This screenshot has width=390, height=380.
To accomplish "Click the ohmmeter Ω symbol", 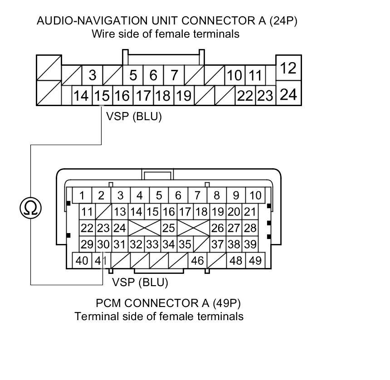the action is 30,208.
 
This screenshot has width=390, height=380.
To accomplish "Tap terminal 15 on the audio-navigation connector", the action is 102,96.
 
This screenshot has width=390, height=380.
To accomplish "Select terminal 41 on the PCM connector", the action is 101,260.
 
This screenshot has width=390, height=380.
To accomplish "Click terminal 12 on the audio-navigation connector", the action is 288,68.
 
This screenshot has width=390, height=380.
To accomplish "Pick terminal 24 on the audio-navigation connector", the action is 288,94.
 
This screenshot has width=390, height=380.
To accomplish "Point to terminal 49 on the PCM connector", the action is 255,260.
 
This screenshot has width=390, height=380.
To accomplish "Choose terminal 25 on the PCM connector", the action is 169,228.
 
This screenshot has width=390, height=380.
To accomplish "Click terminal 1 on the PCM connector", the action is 82,195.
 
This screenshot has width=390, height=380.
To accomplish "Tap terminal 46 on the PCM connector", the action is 197,260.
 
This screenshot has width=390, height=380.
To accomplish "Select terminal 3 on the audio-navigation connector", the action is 92,75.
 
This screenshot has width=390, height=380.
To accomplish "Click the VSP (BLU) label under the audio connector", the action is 134,117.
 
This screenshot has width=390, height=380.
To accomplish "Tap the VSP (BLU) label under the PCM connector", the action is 140,282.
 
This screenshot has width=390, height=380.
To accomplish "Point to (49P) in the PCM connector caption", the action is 227,303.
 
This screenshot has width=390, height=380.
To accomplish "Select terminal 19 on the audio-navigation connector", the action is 184,96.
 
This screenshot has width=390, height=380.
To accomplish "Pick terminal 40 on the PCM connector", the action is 82,260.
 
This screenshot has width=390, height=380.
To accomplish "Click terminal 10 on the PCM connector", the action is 255,195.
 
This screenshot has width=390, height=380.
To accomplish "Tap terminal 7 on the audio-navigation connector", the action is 174,75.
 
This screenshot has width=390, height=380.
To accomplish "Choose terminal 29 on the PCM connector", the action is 87,244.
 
